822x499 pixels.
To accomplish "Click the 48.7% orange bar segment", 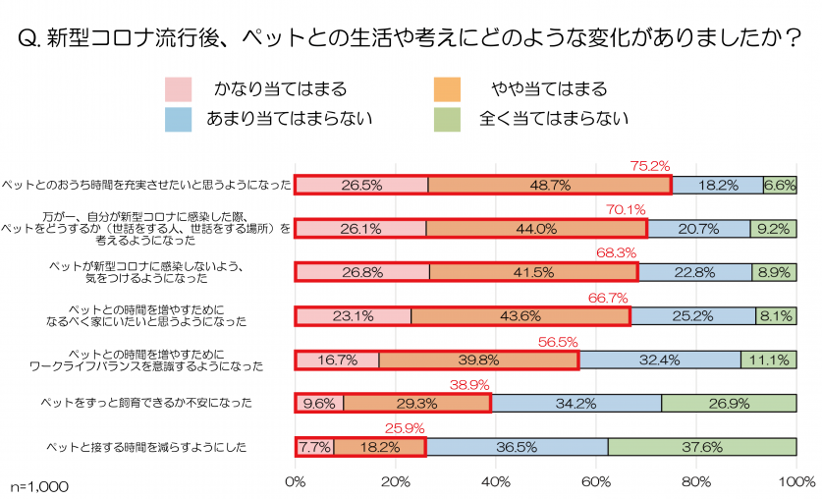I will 549,185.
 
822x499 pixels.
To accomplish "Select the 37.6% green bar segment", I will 702,447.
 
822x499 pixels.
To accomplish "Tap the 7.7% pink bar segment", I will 314,447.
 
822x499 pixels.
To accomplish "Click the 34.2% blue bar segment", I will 575,404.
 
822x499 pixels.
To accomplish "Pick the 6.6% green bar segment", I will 780,185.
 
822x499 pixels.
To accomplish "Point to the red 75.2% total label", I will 649,166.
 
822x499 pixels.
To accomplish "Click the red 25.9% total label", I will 404,428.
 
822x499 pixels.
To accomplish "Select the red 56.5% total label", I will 557,341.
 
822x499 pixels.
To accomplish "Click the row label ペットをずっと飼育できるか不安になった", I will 144,403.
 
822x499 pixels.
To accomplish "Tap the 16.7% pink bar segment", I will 337,360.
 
